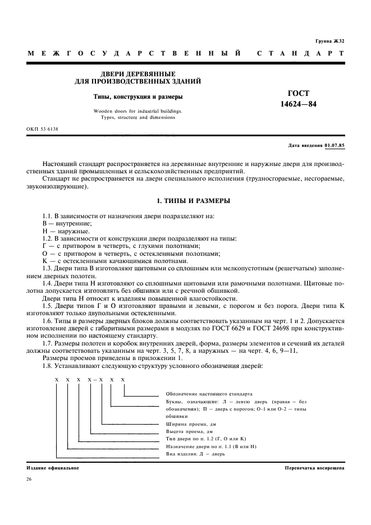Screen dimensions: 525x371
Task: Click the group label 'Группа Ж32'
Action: click(329, 41)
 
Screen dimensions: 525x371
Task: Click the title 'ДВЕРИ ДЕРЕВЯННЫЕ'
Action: click(138, 73)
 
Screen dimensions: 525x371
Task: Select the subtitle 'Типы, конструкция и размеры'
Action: click(138, 96)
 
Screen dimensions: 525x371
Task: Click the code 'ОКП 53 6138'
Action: click(43, 129)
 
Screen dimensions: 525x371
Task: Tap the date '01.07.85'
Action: click(335, 145)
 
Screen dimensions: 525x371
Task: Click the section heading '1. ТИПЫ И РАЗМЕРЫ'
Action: click(185, 200)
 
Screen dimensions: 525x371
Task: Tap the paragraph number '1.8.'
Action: click(48, 365)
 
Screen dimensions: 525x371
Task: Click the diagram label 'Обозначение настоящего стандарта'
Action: click(210, 394)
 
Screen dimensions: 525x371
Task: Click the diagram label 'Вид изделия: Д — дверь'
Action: click(196, 453)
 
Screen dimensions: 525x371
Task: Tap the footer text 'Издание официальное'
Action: click(53, 467)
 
